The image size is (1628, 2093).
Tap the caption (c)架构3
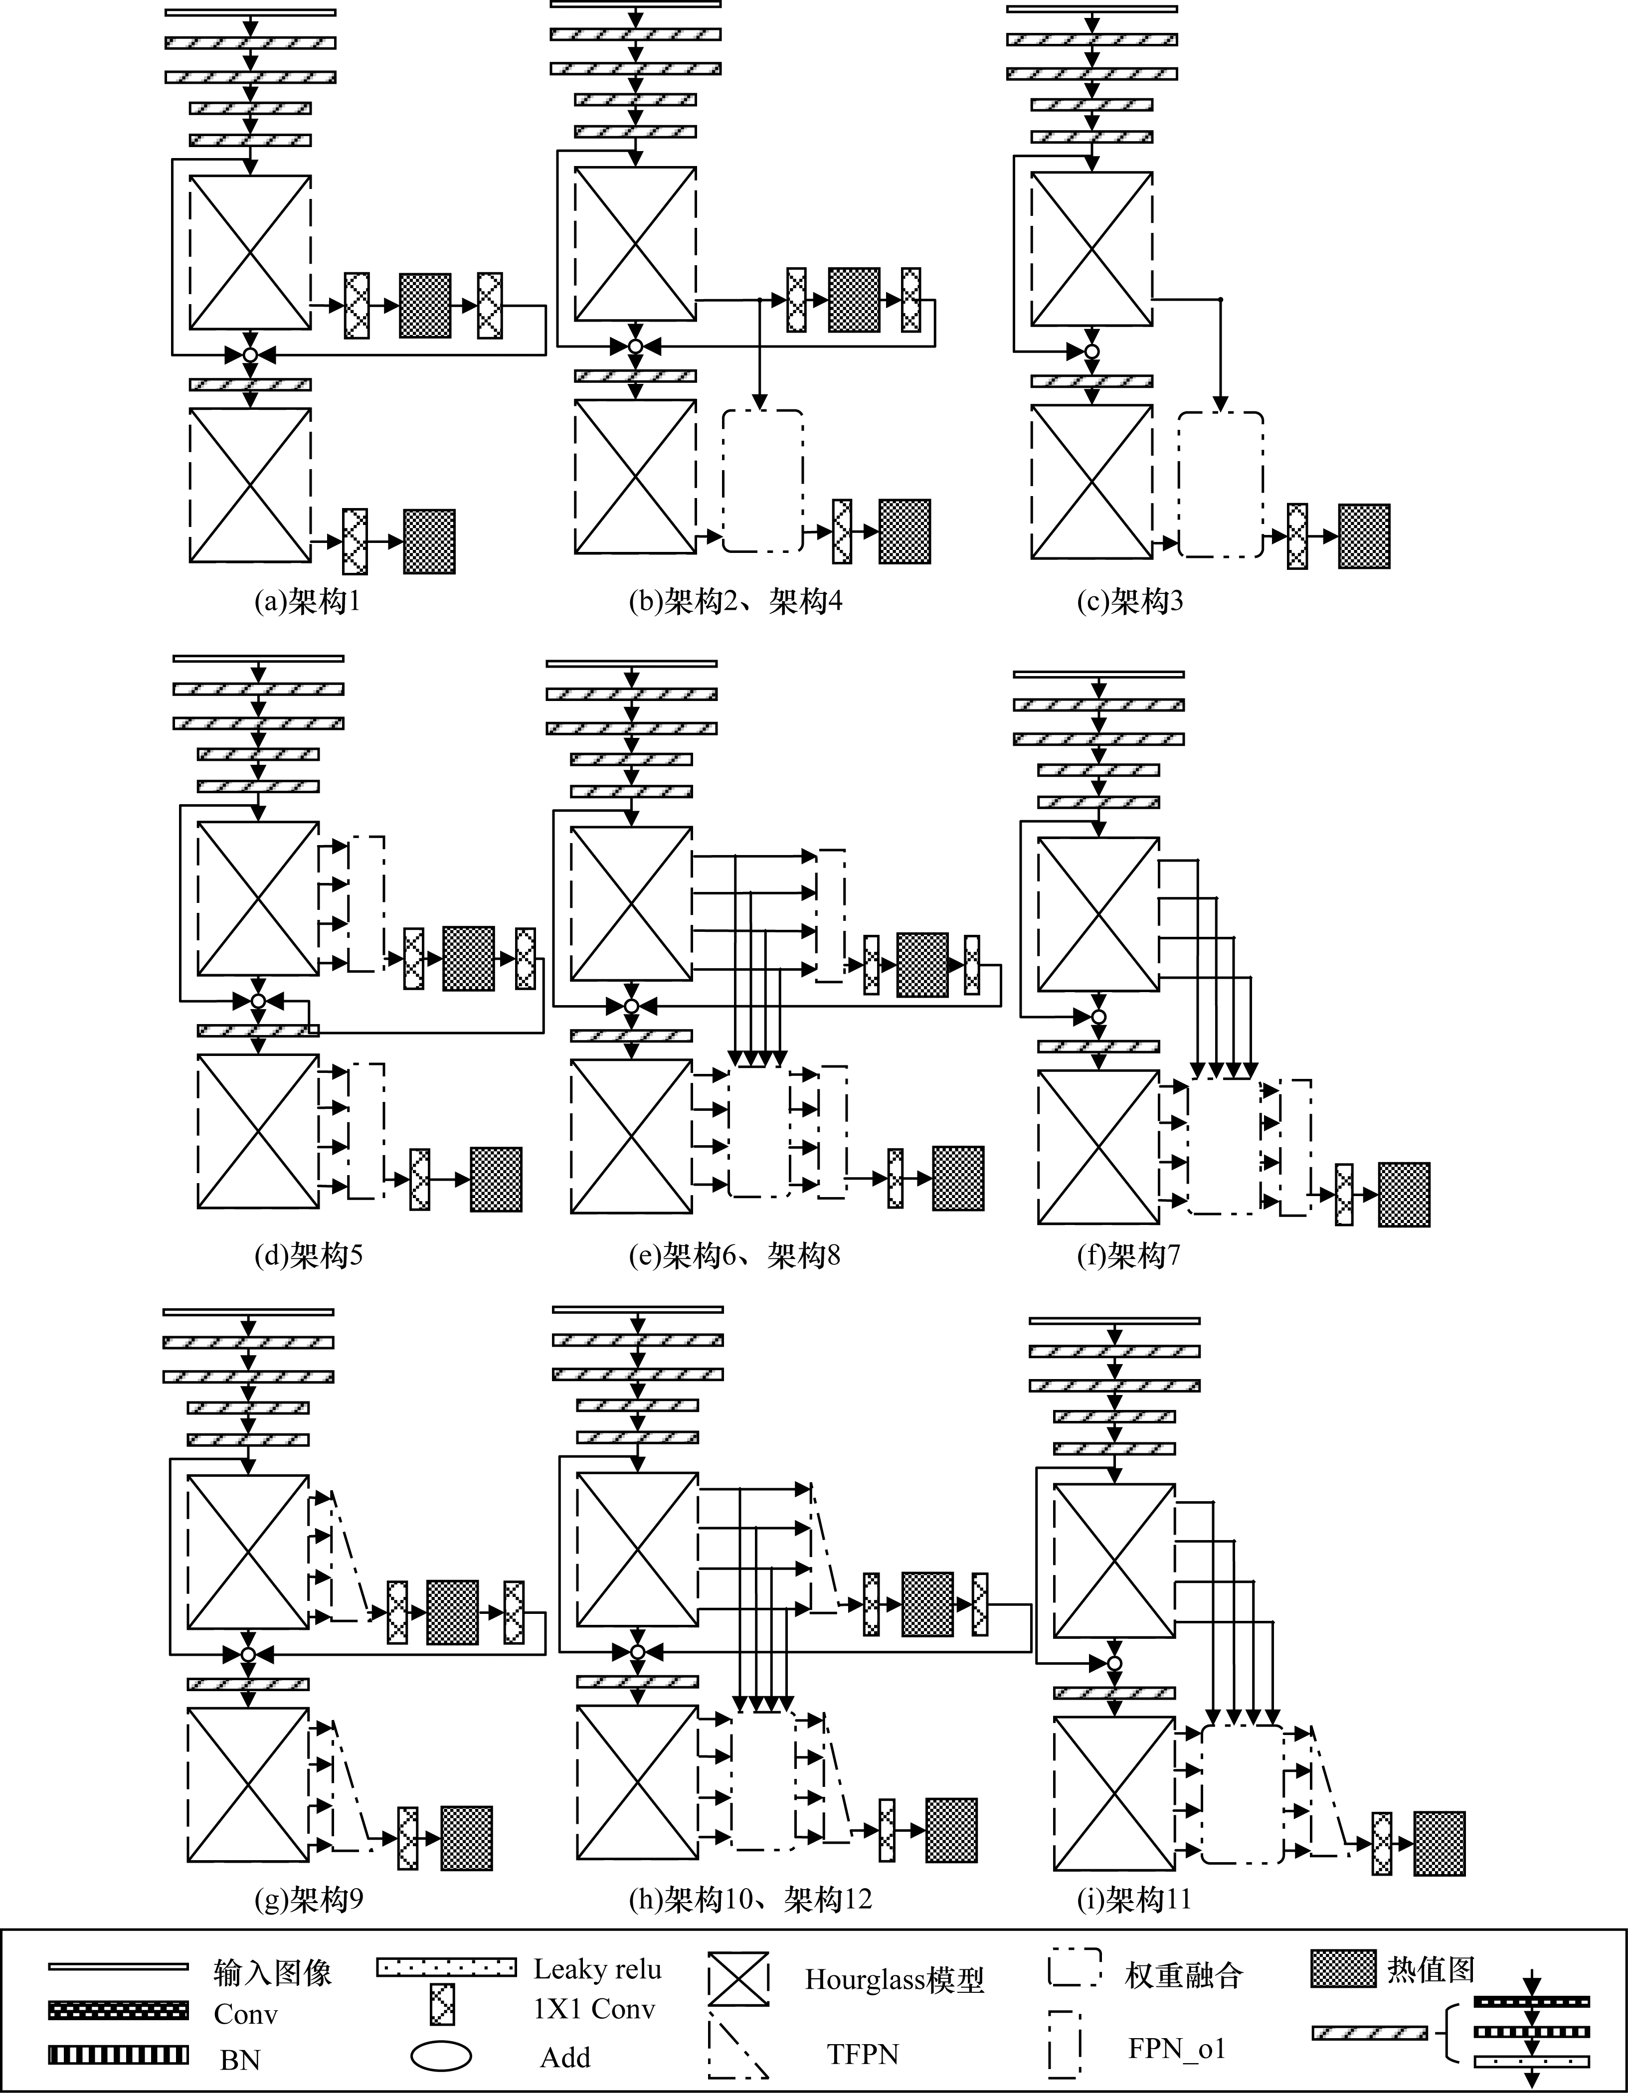click(x=1130, y=602)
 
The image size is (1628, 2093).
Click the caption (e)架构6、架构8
click(x=735, y=1255)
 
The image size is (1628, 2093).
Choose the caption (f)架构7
click(x=1129, y=1255)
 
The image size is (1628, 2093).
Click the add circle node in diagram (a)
click(x=250, y=354)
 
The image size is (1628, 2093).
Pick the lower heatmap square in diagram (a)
click(x=429, y=541)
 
